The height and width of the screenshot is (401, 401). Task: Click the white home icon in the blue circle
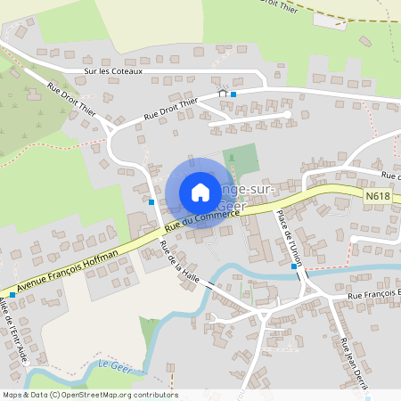[200, 192]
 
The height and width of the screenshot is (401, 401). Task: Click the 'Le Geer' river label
[115, 365]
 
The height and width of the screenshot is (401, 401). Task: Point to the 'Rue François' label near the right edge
[372, 294]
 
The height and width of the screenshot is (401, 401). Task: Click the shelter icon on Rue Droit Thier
[223, 93]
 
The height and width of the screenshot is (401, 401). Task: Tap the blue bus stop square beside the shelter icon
[233, 94]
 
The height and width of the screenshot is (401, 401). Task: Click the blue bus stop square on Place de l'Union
[294, 266]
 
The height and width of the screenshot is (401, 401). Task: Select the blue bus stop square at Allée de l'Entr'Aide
[12, 292]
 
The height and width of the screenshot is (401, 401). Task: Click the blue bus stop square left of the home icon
[152, 202]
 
